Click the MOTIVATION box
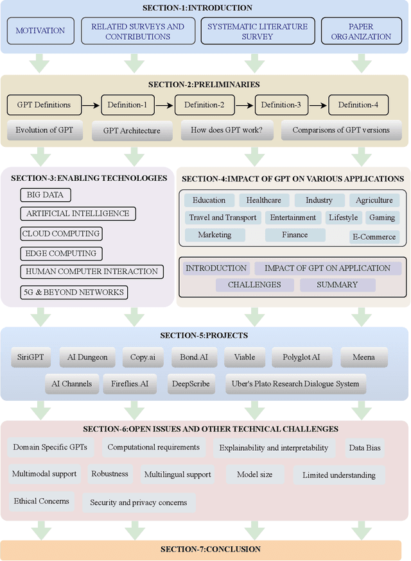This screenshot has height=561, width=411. coord(40,31)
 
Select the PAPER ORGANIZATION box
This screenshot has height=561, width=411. coord(361,31)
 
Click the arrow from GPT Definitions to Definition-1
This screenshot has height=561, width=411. coord(91,105)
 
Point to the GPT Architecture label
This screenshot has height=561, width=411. coord(132,131)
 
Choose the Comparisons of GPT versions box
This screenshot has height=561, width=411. coord(341,130)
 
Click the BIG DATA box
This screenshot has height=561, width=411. coord(46,195)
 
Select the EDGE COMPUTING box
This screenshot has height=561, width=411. coord(62,253)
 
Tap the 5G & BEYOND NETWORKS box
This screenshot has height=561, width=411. coord(74,292)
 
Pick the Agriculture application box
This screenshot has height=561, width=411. coord(374,200)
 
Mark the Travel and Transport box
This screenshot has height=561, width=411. coord(222,218)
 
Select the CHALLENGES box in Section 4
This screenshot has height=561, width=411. coord(254,285)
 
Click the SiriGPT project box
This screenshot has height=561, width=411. coord(31,357)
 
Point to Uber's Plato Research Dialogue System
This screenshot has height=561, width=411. coord(295,384)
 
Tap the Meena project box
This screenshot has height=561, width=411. coord(363,357)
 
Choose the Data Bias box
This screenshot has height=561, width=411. coord(365,448)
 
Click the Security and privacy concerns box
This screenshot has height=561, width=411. coord(139,503)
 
